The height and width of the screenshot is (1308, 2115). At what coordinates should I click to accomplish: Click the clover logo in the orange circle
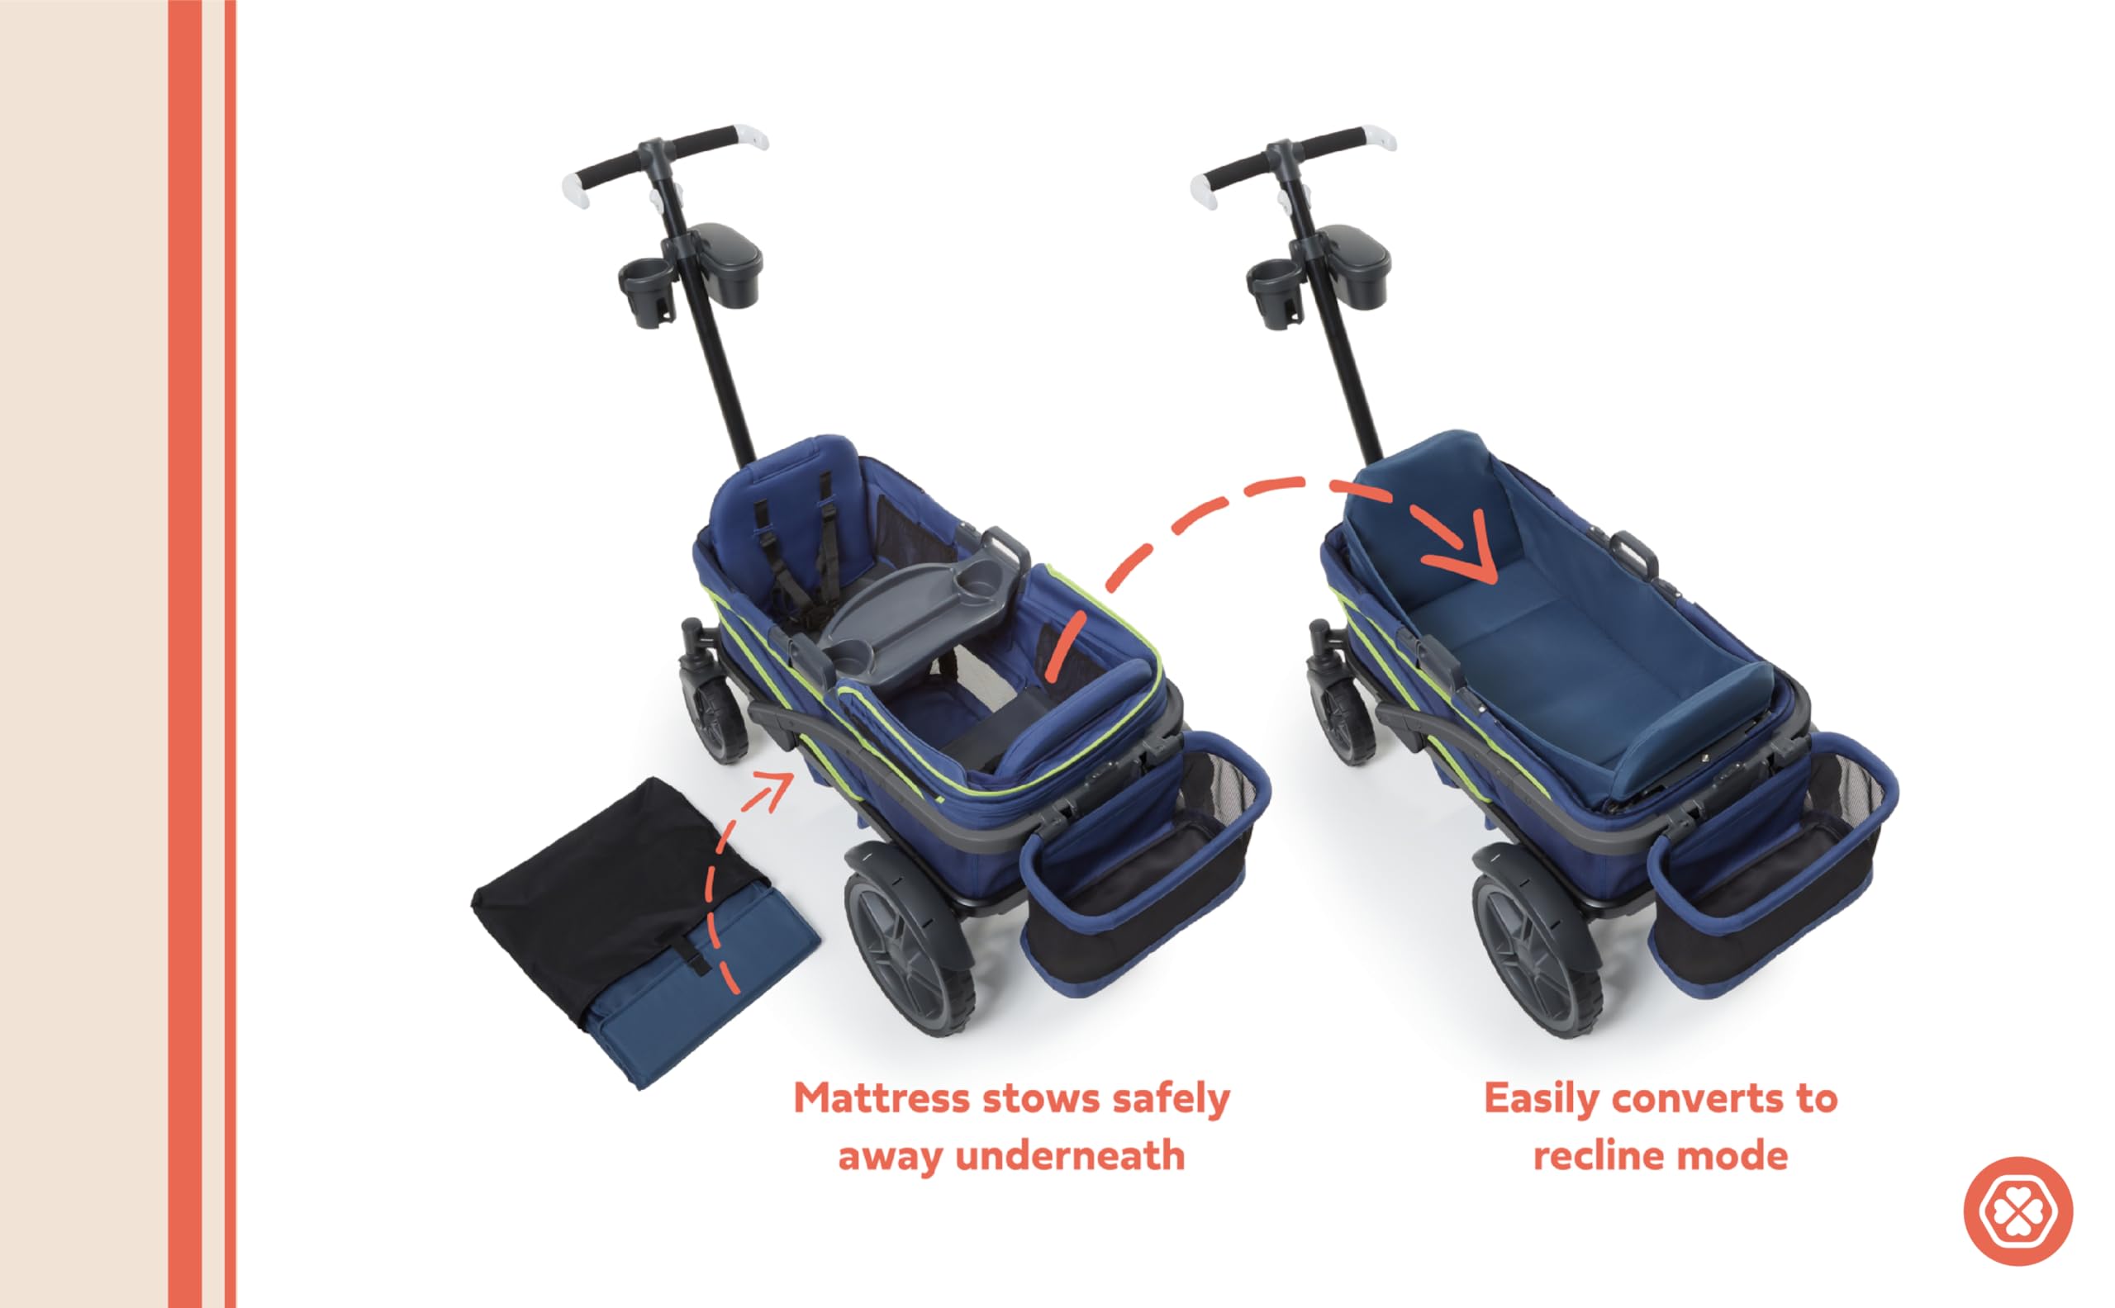2018,1211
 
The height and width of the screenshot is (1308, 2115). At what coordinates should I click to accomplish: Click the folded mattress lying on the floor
644,930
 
